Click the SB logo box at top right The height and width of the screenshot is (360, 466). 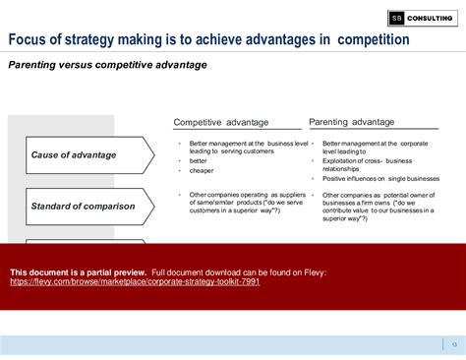pyautogui.click(x=396, y=17)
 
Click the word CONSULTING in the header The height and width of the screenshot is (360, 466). pyautogui.click(x=431, y=17)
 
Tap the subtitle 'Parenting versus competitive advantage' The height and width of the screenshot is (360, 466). pyautogui.click(x=107, y=65)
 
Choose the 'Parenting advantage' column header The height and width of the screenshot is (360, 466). pyautogui.click(x=352, y=122)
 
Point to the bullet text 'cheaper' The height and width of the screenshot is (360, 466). pyautogui.click(x=202, y=170)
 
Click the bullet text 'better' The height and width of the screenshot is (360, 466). pyautogui.click(x=200, y=160)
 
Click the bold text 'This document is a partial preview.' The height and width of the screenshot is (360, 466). pyautogui.click(x=78, y=271)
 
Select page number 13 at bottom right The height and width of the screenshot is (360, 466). pyautogui.click(x=453, y=343)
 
